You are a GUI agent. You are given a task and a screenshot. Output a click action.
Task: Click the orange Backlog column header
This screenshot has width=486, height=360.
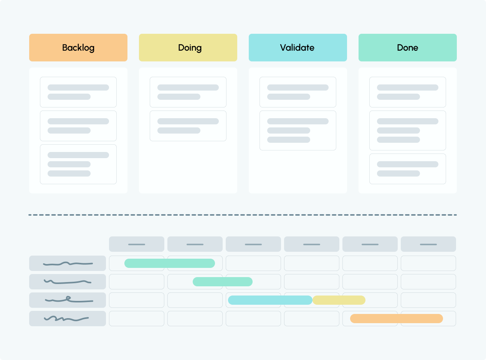pyautogui.click(x=78, y=48)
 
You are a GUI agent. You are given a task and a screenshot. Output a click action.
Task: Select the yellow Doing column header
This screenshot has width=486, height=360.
pyautogui.click(x=188, y=48)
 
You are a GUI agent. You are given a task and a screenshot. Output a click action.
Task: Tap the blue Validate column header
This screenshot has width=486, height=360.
pyautogui.click(x=298, y=48)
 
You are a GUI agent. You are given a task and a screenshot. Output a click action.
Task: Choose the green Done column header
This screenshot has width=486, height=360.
pyautogui.click(x=408, y=48)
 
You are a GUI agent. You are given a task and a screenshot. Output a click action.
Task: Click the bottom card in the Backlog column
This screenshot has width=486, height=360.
pyautogui.click(x=78, y=164)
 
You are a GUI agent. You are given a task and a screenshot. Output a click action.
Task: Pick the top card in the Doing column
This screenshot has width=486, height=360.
pyautogui.click(x=188, y=92)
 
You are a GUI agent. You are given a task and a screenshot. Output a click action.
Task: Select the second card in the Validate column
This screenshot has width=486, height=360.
pyautogui.click(x=298, y=130)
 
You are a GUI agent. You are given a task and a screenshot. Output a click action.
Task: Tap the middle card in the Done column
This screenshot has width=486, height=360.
pyautogui.click(x=408, y=130)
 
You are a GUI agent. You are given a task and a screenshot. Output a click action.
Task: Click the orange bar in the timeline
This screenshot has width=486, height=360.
pyautogui.click(x=397, y=319)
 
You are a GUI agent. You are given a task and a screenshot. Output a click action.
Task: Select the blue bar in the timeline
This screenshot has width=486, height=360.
pyautogui.click(x=270, y=300)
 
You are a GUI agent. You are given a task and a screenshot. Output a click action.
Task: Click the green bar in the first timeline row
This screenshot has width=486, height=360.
pyautogui.click(x=170, y=263)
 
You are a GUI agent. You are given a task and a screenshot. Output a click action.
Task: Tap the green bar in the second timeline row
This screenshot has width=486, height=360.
pyautogui.click(x=223, y=282)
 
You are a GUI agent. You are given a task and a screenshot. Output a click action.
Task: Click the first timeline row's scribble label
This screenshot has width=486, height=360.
pyautogui.click(x=68, y=263)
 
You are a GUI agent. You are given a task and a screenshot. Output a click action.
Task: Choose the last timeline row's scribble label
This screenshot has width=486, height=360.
pyautogui.click(x=68, y=319)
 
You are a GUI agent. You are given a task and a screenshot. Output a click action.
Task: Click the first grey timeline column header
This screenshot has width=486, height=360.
pyautogui.click(x=137, y=244)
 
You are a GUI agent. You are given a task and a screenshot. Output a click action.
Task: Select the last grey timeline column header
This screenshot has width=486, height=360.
pyautogui.click(x=428, y=244)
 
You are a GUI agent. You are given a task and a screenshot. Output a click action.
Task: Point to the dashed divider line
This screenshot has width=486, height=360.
pyautogui.click(x=243, y=215)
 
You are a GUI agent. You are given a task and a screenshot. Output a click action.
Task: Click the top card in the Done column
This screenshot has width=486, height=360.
pyautogui.click(x=408, y=92)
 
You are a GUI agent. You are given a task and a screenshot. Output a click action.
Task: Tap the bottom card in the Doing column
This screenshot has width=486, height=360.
pyautogui.click(x=188, y=126)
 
